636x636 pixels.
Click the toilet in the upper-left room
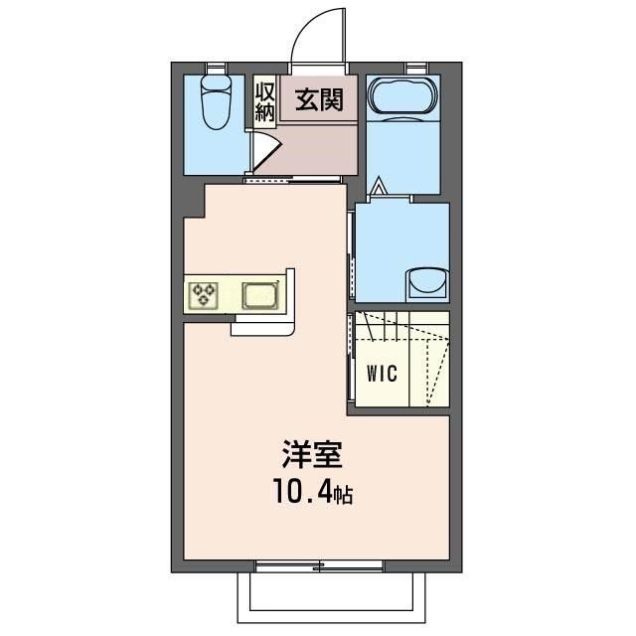[214, 103]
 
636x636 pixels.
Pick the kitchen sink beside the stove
[259, 295]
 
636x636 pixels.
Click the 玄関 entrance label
[317, 99]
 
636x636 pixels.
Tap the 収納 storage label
[264, 100]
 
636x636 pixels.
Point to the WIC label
[382, 374]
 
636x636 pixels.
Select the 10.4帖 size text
[313, 492]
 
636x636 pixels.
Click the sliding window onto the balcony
[318, 566]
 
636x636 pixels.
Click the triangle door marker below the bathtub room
[378, 186]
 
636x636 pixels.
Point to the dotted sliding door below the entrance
[293, 180]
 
